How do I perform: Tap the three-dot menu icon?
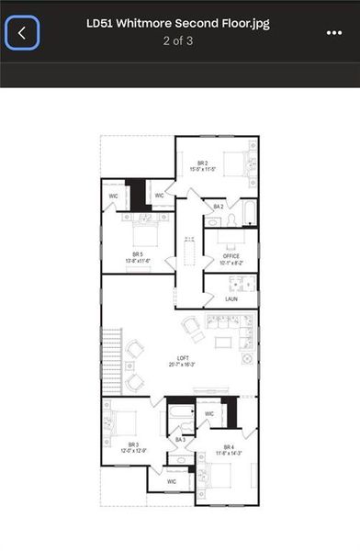(x=333, y=32)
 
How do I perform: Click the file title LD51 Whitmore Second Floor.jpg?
(x=180, y=24)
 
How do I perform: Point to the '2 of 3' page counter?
(x=180, y=41)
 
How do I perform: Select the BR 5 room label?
(x=138, y=253)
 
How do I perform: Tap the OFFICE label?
(x=230, y=256)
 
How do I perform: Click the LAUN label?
(x=231, y=299)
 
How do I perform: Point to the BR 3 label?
(x=133, y=444)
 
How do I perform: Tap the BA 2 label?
(x=219, y=207)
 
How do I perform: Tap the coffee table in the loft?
(x=222, y=343)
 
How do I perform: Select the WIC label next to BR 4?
(x=209, y=414)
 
